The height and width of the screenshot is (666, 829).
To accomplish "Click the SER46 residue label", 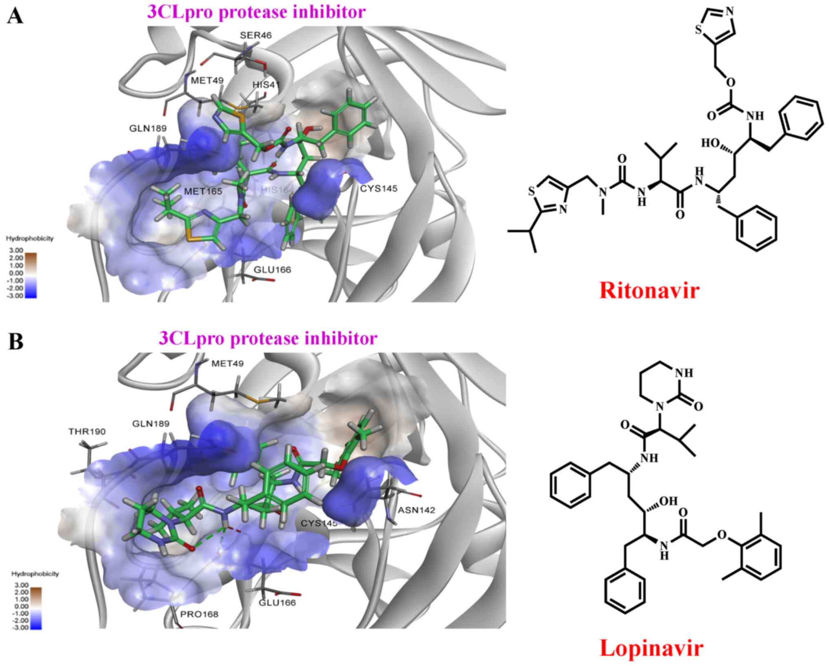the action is tap(256, 35).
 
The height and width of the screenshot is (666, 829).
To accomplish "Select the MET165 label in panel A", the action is tap(203, 191).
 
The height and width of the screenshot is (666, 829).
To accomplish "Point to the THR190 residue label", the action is tap(87, 431).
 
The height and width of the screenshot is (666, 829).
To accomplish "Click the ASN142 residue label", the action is tap(417, 510).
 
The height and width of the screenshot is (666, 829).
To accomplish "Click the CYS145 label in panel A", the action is tap(378, 188).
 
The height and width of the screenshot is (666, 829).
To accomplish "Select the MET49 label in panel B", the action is tap(227, 363).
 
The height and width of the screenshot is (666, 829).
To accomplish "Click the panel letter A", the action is tap(15, 17).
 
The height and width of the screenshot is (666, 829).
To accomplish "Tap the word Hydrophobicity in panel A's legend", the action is tap(30, 238).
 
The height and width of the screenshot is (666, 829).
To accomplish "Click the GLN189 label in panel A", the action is tap(148, 128).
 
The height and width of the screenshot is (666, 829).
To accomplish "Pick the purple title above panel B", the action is tap(268, 339).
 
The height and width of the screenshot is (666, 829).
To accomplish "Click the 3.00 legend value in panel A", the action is tap(18, 250).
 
